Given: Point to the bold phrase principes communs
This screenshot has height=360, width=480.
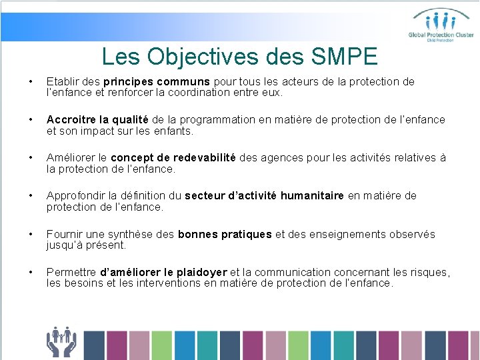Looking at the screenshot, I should [x=157, y=82].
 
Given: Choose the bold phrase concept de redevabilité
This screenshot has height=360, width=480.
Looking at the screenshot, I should [x=173, y=158].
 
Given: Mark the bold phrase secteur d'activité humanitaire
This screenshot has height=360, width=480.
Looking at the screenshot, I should [x=264, y=196].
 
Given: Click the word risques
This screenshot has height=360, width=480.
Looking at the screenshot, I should [x=429, y=272].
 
